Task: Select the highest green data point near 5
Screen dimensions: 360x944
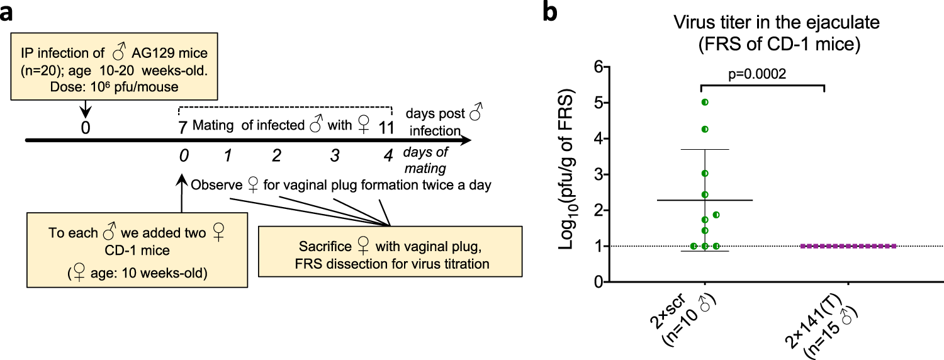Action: [705, 102]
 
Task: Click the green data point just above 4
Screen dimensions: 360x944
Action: [705, 129]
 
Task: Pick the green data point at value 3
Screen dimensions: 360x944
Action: [705, 173]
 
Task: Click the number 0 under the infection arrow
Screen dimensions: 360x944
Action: [86, 127]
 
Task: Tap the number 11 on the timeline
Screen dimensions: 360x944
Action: [386, 127]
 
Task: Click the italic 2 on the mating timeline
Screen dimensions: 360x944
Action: [276, 155]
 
